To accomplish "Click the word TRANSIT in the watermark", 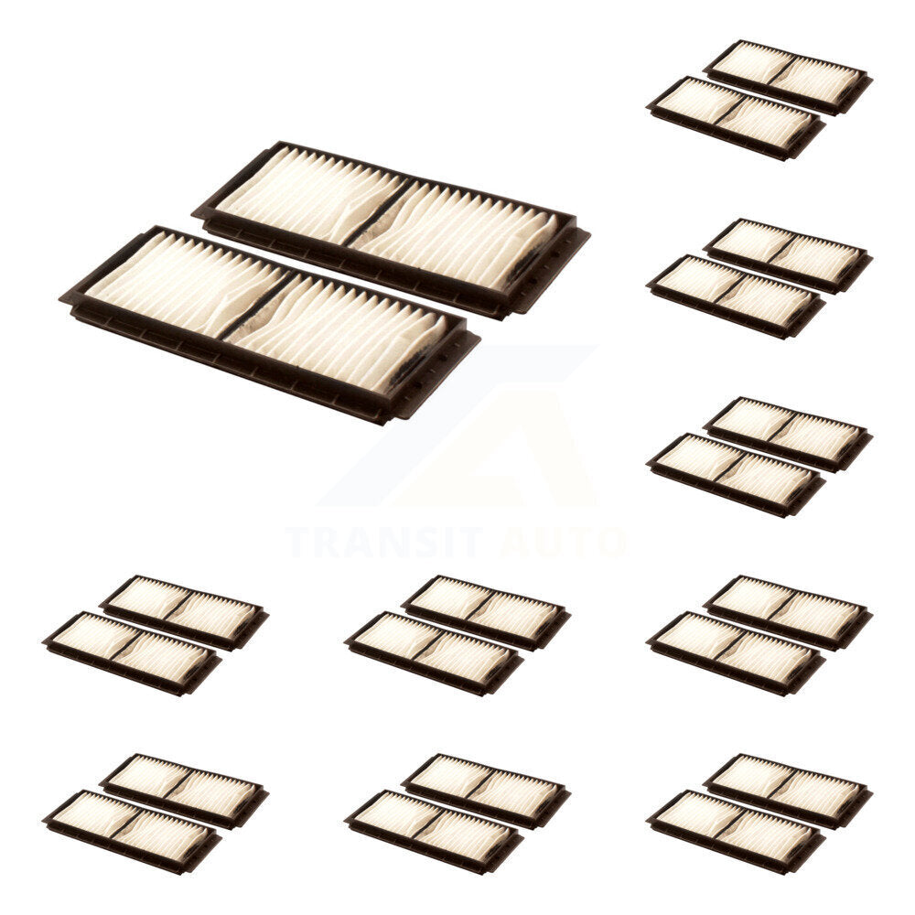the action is tap(385, 543).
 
